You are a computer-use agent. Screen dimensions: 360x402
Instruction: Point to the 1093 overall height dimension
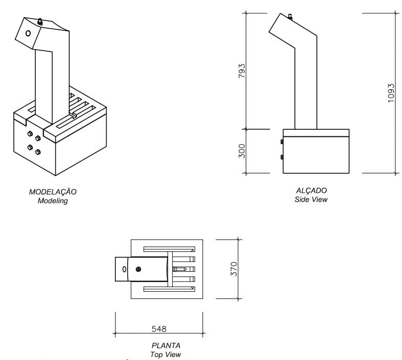pyautogui.click(x=391, y=93)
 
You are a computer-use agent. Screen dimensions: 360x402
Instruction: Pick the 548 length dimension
pyautogui.click(x=159, y=328)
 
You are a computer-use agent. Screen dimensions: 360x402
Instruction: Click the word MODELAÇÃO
pyautogui.click(x=53, y=192)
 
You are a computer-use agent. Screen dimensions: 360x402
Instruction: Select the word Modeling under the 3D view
pyautogui.click(x=53, y=201)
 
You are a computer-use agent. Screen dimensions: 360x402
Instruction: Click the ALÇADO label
pyautogui.click(x=311, y=190)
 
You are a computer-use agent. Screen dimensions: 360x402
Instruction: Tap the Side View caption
pyautogui.click(x=311, y=199)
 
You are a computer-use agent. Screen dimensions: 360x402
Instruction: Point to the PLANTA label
pyautogui.click(x=166, y=346)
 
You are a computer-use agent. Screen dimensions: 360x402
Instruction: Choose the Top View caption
pyautogui.click(x=166, y=354)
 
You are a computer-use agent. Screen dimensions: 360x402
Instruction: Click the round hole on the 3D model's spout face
pyautogui.click(x=28, y=33)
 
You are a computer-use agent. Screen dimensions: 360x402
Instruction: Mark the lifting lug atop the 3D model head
pyautogui.click(x=40, y=22)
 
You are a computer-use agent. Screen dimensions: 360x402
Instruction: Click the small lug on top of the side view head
pyautogui.click(x=290, y=17)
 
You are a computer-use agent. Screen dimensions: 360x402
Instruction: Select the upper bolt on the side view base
pyautogui.click(x=282, y=142)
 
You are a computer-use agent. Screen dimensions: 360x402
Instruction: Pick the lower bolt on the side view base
pyautogui.click(x=282, y=157)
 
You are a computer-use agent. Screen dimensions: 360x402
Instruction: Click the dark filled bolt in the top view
pyautogui.click(x=137, y=269)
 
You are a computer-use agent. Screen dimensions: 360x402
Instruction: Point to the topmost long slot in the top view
pyautogui.click(x=169, y=249)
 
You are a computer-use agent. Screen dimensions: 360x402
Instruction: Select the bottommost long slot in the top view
pyautogui.click(x=169, y=289)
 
